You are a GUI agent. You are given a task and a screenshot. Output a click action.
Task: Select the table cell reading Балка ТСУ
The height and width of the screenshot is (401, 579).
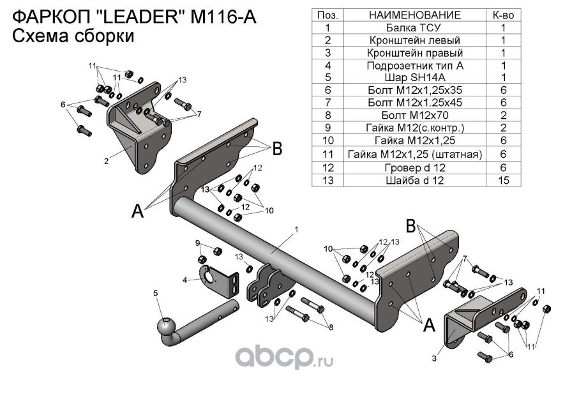(414, 27)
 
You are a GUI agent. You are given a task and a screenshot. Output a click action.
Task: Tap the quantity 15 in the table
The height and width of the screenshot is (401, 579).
(504, 181)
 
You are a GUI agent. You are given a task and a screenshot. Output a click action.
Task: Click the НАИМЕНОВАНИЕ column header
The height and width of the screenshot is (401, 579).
(414, 15)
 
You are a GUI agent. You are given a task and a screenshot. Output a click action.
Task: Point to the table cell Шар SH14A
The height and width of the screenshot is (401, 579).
(414, 77)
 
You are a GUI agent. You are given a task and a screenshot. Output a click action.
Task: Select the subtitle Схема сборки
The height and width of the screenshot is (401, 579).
(73, 37)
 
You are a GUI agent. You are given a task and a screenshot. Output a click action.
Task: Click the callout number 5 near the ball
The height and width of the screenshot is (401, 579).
(154, 293)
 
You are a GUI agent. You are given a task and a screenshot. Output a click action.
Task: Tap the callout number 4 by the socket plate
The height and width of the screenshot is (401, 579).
(184, 280)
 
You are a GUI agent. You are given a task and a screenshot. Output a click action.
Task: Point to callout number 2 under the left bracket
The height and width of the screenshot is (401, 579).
(106, 162)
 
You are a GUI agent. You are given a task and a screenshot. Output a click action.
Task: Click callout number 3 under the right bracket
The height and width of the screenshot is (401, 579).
(433, 358)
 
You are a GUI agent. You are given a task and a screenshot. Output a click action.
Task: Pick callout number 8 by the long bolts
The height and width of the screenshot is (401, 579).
(331, 328)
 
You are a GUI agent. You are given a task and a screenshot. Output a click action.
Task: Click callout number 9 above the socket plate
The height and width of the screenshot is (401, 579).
(197, 243)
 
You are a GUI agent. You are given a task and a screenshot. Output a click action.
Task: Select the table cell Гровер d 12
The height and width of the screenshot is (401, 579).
(414, 168)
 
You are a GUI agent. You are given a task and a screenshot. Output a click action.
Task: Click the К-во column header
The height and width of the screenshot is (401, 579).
(504, 15)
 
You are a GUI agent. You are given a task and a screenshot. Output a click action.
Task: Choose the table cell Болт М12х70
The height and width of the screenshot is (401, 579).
(414, 115)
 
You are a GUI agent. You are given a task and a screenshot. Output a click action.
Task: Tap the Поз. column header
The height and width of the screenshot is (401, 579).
(327, 15)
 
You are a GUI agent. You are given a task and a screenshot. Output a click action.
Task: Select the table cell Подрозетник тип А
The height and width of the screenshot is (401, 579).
(414, 65)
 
